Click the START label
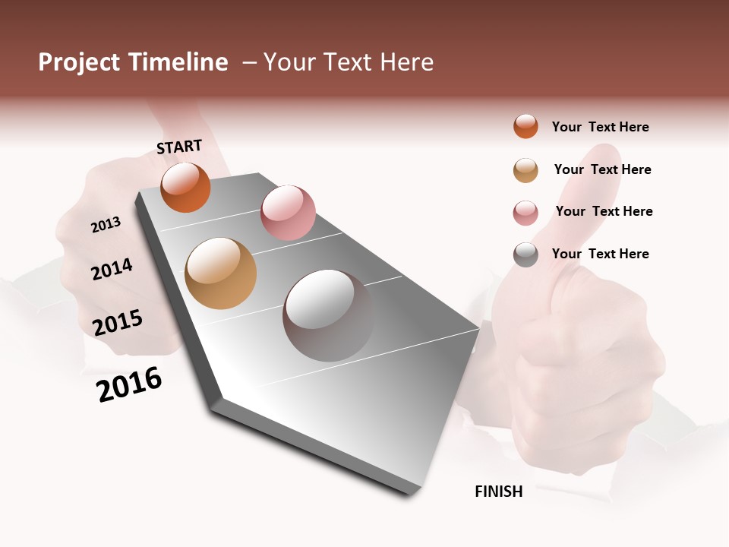point(179,147)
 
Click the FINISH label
point(498,492)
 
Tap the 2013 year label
point(106,224)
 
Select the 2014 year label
point(112,269)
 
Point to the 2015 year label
point(118,322)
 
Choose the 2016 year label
point(129,384)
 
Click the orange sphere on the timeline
point(185,187)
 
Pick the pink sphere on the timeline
point(288,213)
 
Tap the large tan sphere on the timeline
point(220,273)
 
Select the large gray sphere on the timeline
point(328,315)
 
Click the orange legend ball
point(525,126)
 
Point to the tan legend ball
point(525,170)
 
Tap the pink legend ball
point(525,213)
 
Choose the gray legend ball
point(525,255)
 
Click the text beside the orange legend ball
point(600,127)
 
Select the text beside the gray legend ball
point(600,254)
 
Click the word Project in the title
point(78,62)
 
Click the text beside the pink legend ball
point(604,211)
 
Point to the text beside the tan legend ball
point(602,169)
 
